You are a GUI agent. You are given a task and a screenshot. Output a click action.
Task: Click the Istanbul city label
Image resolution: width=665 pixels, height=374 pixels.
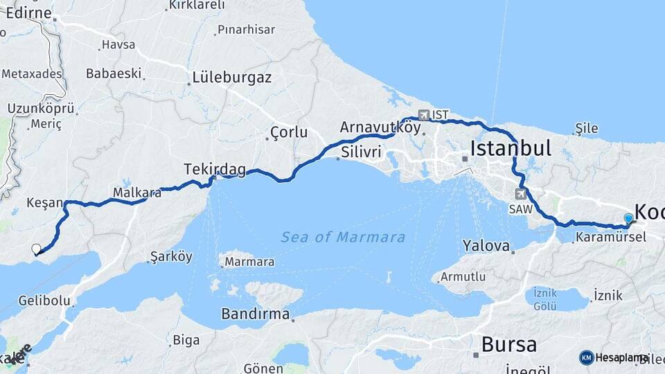click(x=511, y=148)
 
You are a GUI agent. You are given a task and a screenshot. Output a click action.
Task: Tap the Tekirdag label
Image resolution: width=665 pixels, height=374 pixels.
click(x=205, y=168)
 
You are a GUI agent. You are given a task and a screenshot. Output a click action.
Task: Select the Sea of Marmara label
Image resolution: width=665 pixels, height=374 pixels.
click(x=343, y=238)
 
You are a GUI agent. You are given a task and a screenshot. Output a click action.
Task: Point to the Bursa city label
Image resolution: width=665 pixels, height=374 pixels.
click(x=508, y=344)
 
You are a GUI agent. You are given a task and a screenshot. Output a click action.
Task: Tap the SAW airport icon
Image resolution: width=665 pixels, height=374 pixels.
click(x=520, y=194)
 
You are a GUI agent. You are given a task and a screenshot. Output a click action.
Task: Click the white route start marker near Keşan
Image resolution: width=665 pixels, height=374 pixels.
click(x=36, y=249)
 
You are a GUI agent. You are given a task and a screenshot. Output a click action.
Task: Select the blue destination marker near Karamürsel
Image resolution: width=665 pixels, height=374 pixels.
click(x=628, y=219)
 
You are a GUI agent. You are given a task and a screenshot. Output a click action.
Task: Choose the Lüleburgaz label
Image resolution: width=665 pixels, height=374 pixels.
click(x=232, y=77)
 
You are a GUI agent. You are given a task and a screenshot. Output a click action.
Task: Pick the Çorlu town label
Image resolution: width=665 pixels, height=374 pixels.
click(x=289, y=132)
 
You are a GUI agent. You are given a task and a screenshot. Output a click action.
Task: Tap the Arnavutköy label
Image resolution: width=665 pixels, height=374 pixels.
click(x=380, y=127)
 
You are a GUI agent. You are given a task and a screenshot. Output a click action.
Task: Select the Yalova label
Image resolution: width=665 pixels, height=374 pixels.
click(x=486, y=245)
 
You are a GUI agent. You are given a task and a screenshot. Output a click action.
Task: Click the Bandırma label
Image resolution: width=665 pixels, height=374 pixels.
click(x=255, y=314)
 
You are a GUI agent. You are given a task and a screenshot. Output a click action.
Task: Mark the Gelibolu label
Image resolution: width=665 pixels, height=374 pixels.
click(x=44, y=301)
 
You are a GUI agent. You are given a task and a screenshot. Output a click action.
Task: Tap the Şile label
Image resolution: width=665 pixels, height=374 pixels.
click(x=585, y=128)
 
